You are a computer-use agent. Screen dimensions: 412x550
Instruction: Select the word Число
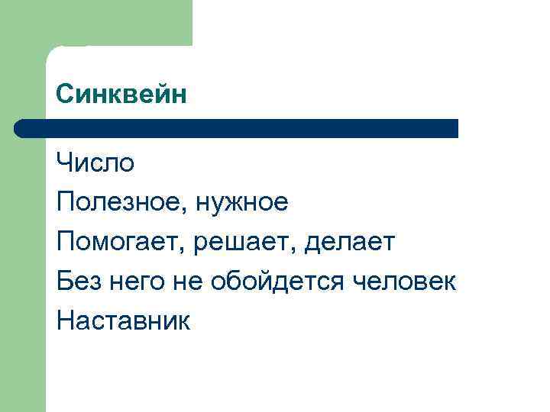[95, 163]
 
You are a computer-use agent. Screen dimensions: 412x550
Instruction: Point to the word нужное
[242, 203]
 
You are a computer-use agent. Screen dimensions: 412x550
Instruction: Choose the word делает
[350, 243]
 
